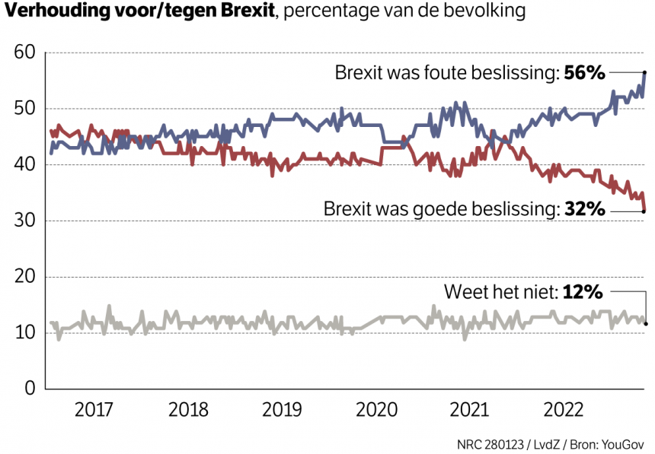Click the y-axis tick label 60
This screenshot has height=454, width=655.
pyautogui.click(x=25, y=53)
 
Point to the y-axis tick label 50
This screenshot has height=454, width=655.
pyautogui.click(x=25, y=109)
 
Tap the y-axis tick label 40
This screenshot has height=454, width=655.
pyautogui.click(x=25, y=165)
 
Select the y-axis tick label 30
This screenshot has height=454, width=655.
pyautogui.click(x=25, y=221)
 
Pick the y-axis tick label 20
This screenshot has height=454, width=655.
pyautogui.click(x=25, y=277)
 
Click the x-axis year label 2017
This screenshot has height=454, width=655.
pyautogui.click(x=95, y=410)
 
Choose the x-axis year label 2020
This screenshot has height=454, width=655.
pyautogui.click(x=376, y=410)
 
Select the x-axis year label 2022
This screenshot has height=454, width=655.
pyautogui.click(x=564, y=410)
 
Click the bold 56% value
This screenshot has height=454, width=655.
pyautogui.click(x=584, y=73)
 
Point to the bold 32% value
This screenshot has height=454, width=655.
pyautogui.click(x=584, y=208)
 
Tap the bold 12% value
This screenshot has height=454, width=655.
pyautogui.click(x=583, y=291)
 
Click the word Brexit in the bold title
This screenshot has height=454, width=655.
pyautogui.click(x=244, y=13)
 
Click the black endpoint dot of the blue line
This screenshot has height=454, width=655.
pyautogui.click(x=645, y=73)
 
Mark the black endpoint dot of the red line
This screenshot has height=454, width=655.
pyautogui.click(x=645, y=211)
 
